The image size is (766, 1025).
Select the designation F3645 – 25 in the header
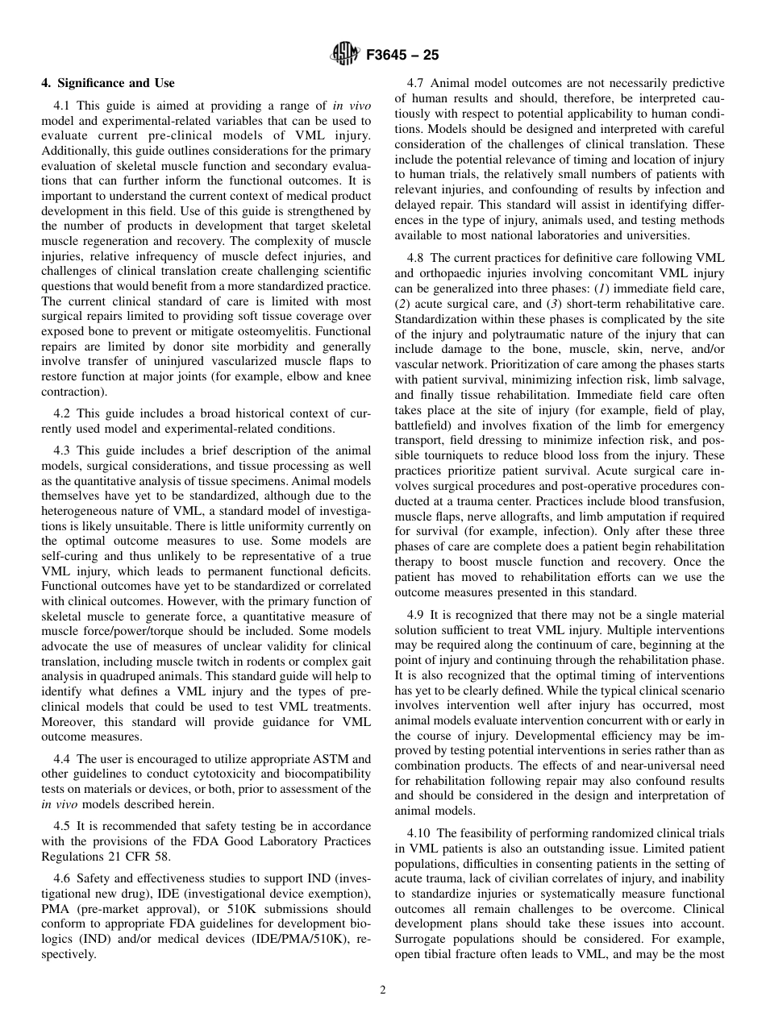pyautogui.click(x=402, y=56)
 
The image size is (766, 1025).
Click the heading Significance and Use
pyautogui.click(x=108, y=83)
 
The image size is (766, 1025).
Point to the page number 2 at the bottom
pyautogui.click(x=383, y=990)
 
